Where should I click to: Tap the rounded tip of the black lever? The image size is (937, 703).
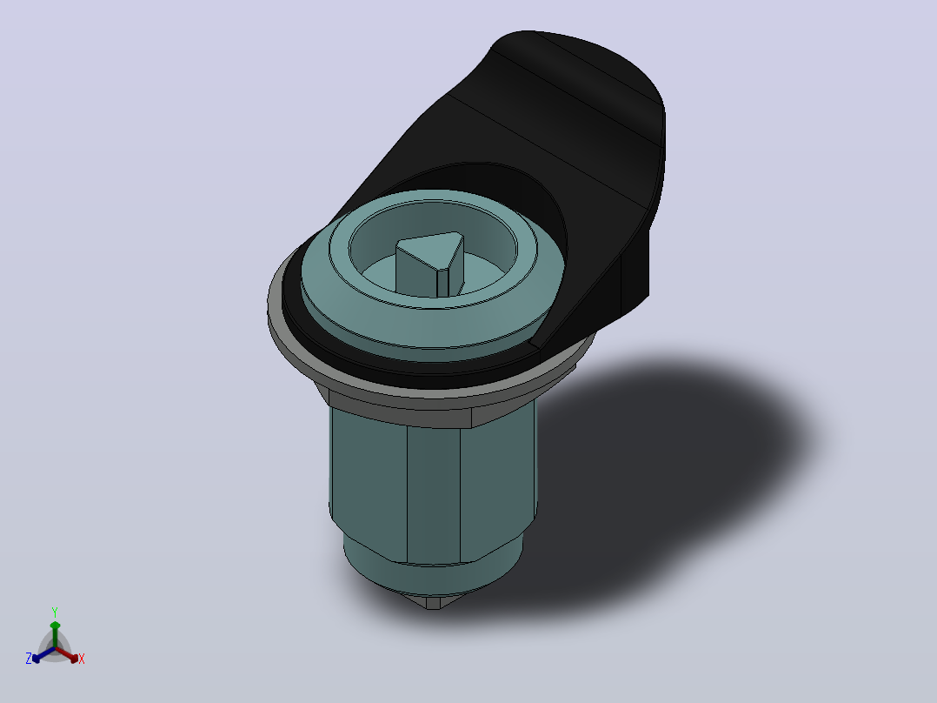click(598, 66)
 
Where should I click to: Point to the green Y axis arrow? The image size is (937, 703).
click(55, 633)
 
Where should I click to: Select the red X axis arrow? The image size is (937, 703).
click(67, 654)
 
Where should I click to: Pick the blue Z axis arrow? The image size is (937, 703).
click(43, 654)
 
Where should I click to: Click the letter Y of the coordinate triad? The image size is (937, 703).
click(55, 613)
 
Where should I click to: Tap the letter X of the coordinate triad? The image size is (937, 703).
click(82, 659)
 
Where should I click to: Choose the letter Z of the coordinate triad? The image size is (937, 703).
click(28, 659)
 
